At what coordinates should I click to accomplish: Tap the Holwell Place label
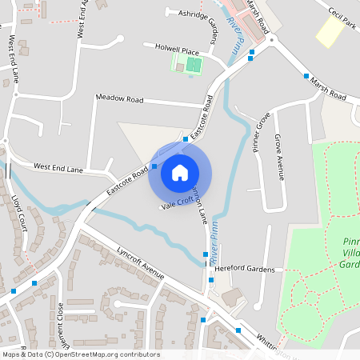(x=170, y=50)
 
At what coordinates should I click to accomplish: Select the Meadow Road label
(x=118, y=99)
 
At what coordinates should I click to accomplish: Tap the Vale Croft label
(x=177, y=205)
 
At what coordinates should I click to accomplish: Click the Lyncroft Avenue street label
(x=141, y=263)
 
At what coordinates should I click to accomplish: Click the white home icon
(x=180, y=172)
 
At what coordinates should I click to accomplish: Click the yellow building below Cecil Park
(x=329, y=31)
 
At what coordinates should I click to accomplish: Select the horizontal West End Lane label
(x=58, y=168)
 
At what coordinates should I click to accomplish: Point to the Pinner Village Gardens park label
(x=349, y=251)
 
